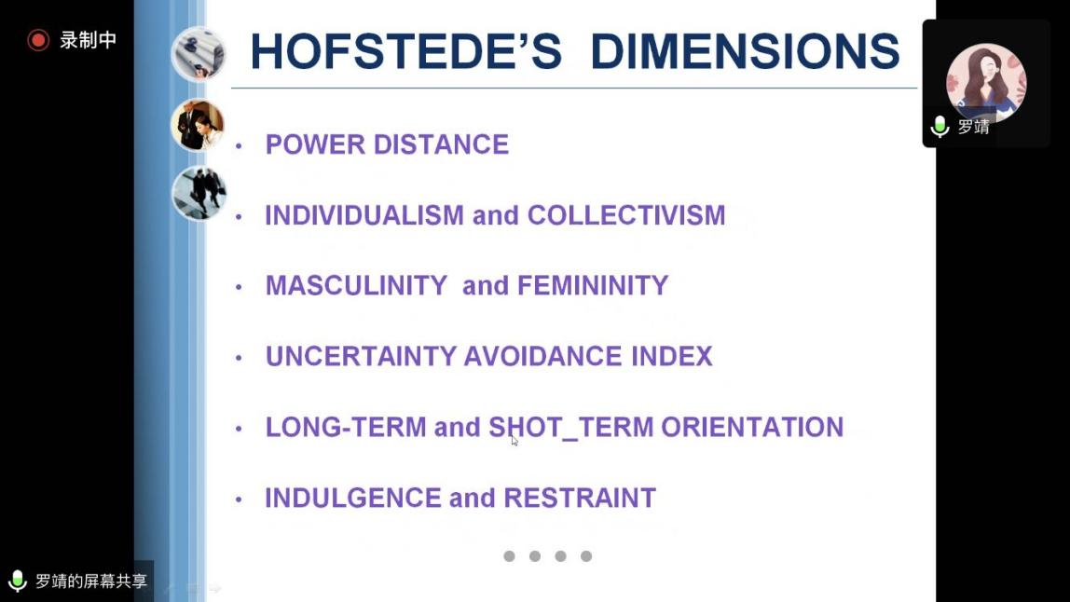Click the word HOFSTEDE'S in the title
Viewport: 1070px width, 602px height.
tap(406, 52)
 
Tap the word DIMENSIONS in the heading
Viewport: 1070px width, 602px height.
tap(746, 52)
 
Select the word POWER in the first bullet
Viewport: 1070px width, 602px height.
tap(315, 144)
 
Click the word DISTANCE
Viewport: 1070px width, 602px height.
tap(441, 144)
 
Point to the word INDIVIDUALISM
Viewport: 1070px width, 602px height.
tap(364, 215)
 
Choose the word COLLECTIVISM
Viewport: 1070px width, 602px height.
tap(626, 215)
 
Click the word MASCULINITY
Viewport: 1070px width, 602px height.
tap(356, 286)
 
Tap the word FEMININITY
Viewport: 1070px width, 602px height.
tap(593, 286)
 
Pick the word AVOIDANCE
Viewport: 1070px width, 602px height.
tap(543, 356)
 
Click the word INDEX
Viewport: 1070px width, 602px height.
tap(671, 356)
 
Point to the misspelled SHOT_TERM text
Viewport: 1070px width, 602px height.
tap(571, 428)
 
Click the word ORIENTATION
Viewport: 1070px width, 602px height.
tap(753, 427)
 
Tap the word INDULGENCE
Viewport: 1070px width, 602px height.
tap(353, 499)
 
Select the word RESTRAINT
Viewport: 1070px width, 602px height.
tap(580, 499)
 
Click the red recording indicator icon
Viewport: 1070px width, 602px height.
tap(38, 40)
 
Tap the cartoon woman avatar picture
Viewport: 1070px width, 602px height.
tap(986, 83)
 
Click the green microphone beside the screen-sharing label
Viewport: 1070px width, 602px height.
tap(17, 581)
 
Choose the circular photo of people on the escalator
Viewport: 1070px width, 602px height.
tap(199, 193)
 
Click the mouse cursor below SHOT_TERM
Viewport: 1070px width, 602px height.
tap(514, 441)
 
